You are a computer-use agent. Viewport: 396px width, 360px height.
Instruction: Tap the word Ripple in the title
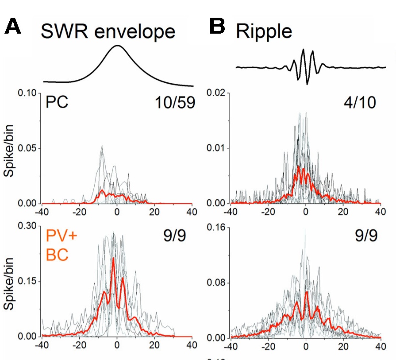(264, 31)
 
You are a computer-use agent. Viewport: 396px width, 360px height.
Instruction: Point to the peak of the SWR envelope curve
(118, 46)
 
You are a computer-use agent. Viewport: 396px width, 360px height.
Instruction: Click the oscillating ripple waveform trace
(304, 66)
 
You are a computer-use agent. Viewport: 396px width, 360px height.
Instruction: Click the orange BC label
(57, 257)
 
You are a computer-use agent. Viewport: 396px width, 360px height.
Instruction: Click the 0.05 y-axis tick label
(28, 148)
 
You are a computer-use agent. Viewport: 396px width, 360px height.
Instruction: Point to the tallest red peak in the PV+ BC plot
(113, 258)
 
